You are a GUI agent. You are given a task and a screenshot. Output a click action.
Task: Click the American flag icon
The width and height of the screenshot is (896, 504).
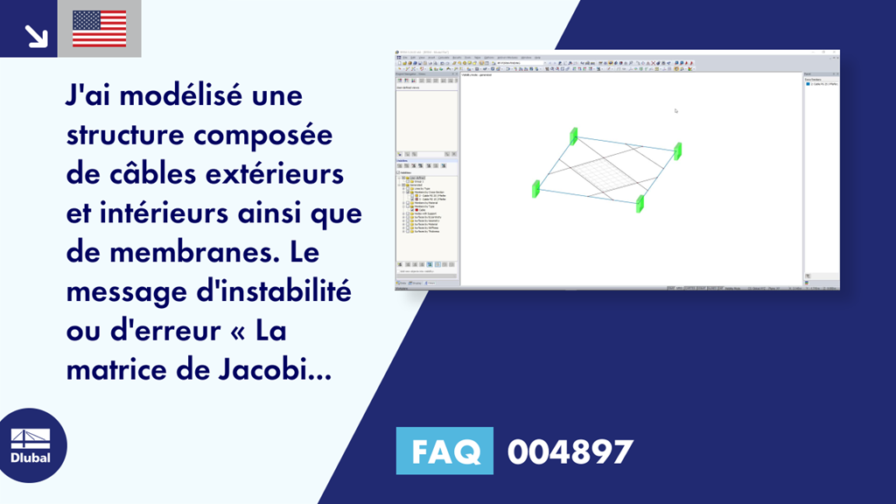(100, 29)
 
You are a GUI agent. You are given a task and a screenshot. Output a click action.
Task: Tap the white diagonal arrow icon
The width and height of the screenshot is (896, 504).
(36, 35)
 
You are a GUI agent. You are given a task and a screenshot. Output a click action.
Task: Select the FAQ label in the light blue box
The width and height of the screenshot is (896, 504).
(444, 451)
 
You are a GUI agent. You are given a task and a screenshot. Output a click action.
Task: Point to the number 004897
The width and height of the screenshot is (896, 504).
(570, 451)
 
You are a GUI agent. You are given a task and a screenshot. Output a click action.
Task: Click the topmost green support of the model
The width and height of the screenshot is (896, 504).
(574, 136)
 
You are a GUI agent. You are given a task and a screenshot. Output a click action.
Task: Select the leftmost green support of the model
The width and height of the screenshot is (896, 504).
(536, 188)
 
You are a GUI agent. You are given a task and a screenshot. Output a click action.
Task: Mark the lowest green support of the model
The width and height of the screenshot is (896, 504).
(640, 204)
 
